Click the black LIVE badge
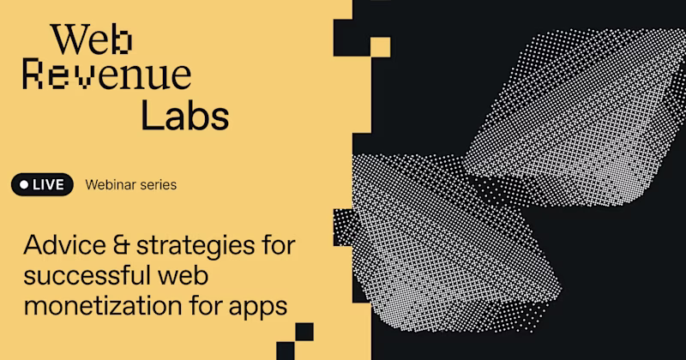click(x=43, y=184)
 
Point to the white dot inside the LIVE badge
click(x=24, y=184)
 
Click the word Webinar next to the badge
click(x=108, y=184)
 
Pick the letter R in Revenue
click(x=33, y=78)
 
